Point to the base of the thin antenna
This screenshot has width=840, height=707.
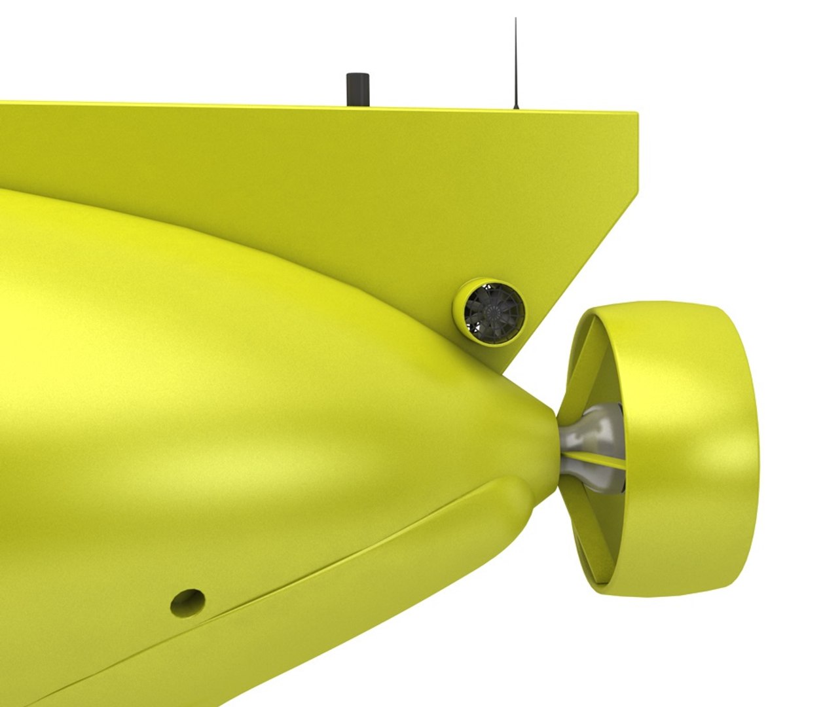516,107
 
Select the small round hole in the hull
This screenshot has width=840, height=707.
188,601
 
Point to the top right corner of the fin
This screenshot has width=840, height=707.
636,115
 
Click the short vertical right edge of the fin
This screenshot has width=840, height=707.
637,157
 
